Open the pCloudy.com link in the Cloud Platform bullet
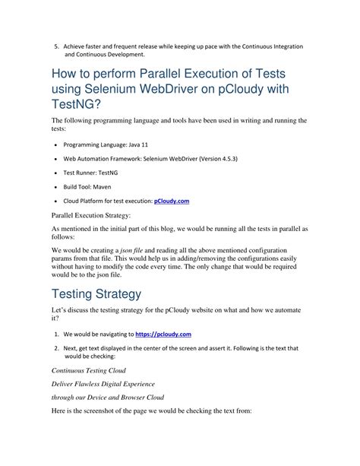pyautogui.click(x=172, y=201)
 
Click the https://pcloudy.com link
pyautogui.click(x=163, y=334)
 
